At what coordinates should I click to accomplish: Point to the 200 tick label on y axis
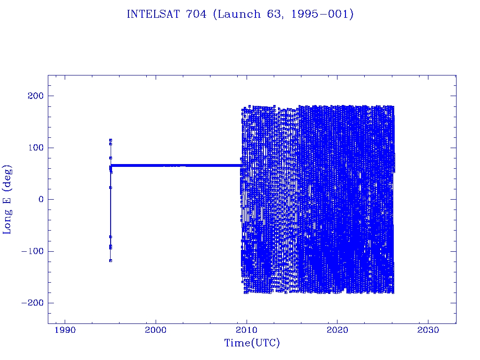pos(34,96)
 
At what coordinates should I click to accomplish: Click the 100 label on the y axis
pos(34,148)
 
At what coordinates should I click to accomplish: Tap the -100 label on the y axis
pos(30,251)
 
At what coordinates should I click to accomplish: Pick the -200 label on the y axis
pos(30,303)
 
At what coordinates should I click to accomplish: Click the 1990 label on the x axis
pos(65,330)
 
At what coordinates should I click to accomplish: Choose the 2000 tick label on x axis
pos(156,330)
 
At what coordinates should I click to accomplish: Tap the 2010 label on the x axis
pos(247,330)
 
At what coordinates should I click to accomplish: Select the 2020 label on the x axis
pos(337,330)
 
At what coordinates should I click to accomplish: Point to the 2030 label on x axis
pos(428,330)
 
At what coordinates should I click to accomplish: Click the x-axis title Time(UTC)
pos(252,344)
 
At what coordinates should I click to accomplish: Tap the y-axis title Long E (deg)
pos(7,199)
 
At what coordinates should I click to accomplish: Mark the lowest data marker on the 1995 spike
pos(111,260)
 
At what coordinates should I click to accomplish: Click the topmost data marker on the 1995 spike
pos(111,140)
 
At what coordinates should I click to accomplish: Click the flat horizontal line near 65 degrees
pos(178,165)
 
